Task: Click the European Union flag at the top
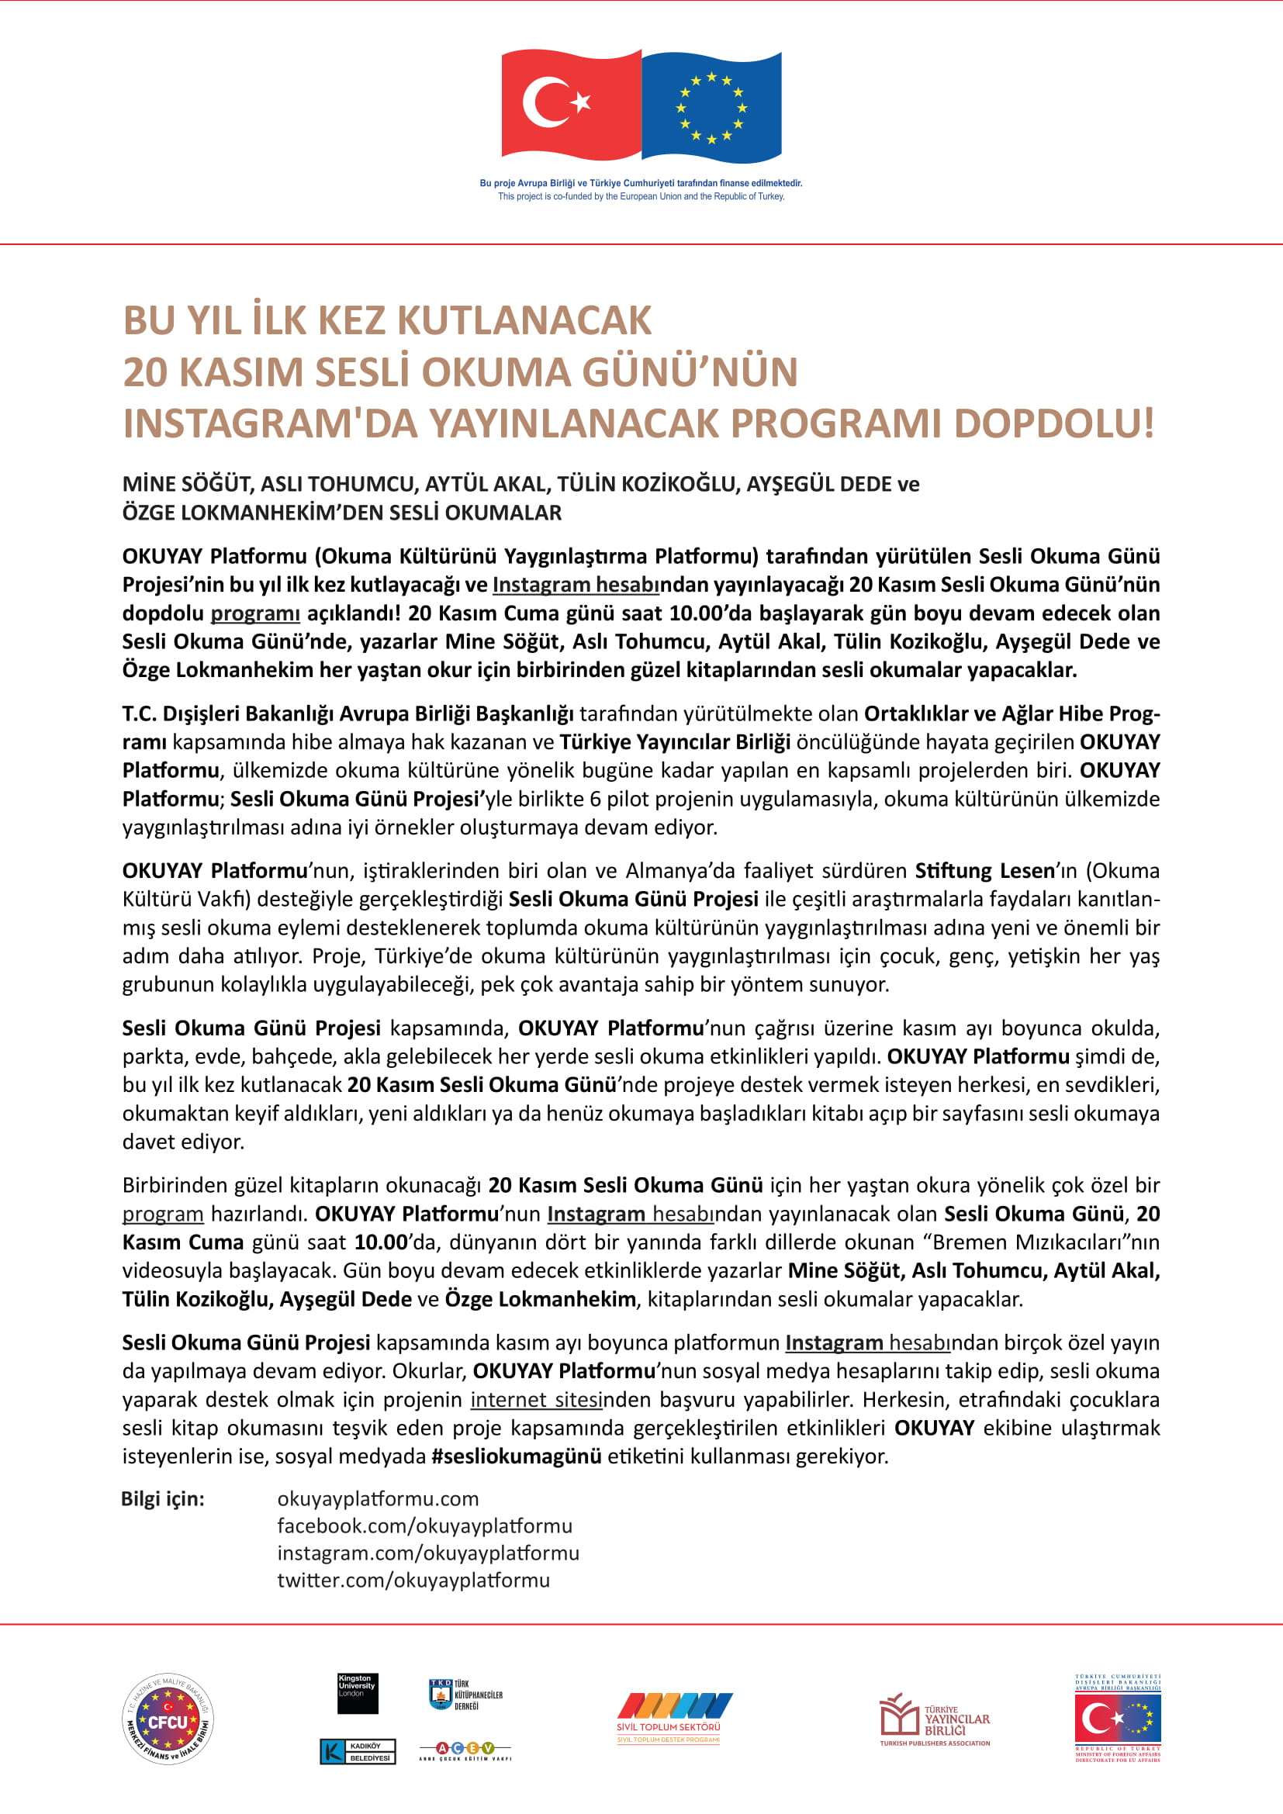711,107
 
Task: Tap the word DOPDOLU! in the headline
1054,423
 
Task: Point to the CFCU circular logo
168,1720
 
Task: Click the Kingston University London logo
357,1693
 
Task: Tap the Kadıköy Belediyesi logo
357,1752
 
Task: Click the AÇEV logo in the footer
465,1749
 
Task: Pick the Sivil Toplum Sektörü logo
673,1718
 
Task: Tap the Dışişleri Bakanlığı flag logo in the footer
1117,1718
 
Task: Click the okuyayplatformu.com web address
378,1499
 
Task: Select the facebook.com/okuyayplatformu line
424,1525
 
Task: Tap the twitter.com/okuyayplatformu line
413,1580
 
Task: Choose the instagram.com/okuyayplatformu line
428,1553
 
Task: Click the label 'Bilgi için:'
163,1499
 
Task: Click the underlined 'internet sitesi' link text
536,1399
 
